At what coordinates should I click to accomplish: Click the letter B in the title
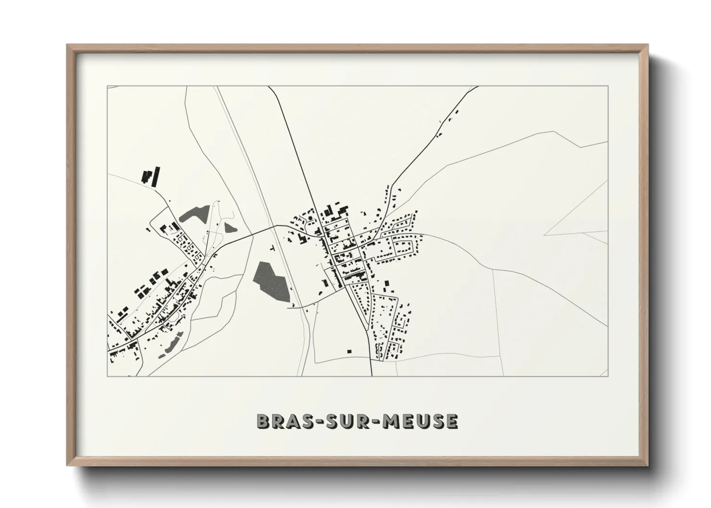point(263,422)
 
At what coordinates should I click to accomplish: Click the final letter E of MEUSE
point(452,422)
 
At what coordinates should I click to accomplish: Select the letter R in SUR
point(358,422)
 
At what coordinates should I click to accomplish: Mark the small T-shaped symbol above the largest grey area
point(273,248)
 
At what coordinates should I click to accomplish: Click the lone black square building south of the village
point(349,351)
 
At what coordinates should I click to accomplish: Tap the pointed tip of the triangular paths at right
point(544,235)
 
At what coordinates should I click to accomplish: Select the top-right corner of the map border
point(608,86)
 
